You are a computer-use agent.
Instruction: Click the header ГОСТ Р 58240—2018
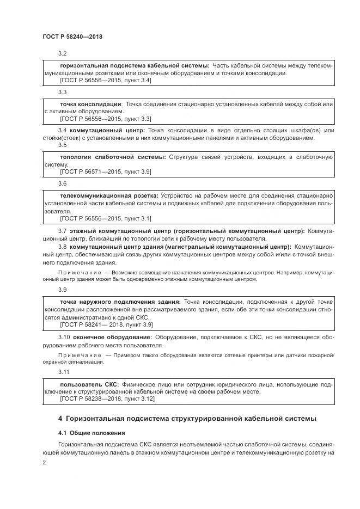[x=72, y=36]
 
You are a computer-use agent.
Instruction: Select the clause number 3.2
[x=63, y=53]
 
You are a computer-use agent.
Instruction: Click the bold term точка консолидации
[x=90, y=103]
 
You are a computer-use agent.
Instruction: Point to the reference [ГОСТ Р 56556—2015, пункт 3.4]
[x=106, y=81]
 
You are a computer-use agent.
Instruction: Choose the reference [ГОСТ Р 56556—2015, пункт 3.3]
[x=106, y=118]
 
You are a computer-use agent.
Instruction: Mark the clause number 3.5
[x=63, y=145]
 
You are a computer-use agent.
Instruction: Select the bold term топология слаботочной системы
[x=112, y=157]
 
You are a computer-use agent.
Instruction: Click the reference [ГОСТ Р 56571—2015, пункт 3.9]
[x=106, y=171]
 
